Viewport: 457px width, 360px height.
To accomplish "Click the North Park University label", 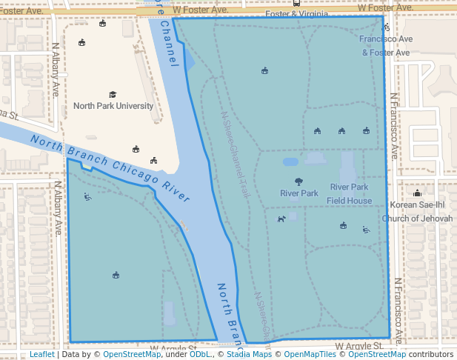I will (x=113, y=106).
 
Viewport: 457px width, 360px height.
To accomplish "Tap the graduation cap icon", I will (x=113, y=94).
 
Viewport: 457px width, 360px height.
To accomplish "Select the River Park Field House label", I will (x=349, y=193).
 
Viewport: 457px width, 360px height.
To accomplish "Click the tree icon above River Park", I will (x=298, y=181).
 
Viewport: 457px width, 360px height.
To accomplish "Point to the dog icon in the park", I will (x=281, y=219).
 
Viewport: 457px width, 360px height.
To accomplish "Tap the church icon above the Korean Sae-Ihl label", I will (x=417, y=193).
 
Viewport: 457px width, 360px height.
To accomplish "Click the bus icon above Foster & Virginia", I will (x=296, y=3).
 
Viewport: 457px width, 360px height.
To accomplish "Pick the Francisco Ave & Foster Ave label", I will (x=386, y=45).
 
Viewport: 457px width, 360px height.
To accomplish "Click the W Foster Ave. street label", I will (x=200, y=10).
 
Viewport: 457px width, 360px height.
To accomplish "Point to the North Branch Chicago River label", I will (x=110, y=165).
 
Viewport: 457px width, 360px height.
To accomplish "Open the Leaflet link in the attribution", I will (x=41, y=354).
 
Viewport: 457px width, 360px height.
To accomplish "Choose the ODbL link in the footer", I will (x=199, y=354).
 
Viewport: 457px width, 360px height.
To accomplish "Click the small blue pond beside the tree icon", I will (x=290, y=161).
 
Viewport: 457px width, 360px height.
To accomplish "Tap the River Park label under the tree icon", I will (x=298, y=193).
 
